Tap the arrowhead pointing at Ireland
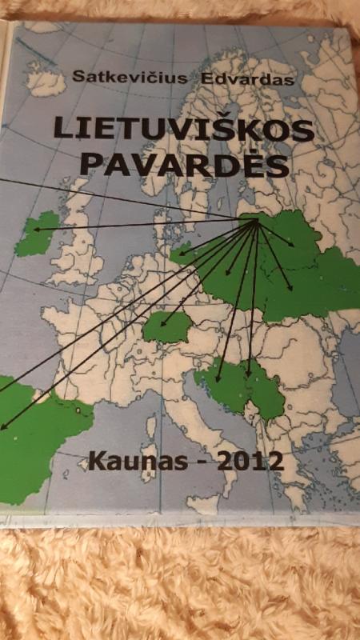(36, 230)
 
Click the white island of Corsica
(151, 428)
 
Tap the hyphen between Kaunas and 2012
(190, 462)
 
